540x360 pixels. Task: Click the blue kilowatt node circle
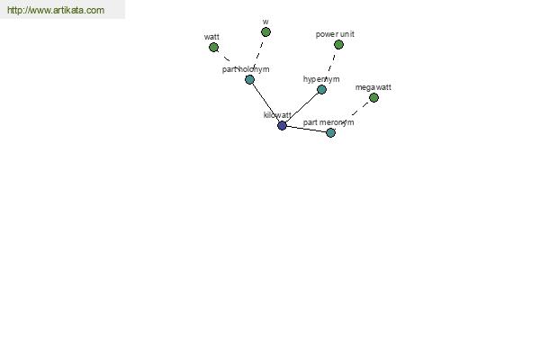pos(282,126)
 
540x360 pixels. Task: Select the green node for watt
pos(214,48)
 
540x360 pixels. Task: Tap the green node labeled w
pos(265,32)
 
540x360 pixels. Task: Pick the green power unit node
pos(339,45)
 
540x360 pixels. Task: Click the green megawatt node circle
pos(374,98)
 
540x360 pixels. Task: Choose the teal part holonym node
pos(249,80)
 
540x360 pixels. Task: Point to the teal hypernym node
pos(321,90)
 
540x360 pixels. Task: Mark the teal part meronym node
pos(331,133)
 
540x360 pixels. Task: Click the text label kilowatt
pos(277,115)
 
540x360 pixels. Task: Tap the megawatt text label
pos(373,87)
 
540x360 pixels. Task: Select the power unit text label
pos(335,34)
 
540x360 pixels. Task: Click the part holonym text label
pos(246,69)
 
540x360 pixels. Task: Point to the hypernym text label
pos(321,79)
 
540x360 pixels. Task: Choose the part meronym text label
pos(328,122)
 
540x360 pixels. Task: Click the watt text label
pos(211,37)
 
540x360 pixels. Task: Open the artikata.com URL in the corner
pos(56,10)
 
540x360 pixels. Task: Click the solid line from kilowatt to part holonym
pos(265,103)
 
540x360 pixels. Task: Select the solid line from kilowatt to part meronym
pos(307,130)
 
